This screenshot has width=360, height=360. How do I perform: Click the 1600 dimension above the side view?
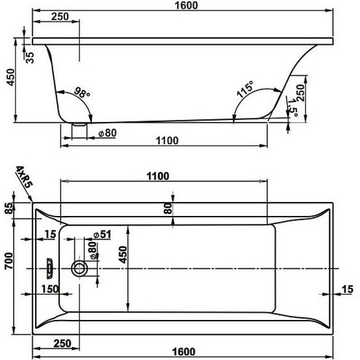186,5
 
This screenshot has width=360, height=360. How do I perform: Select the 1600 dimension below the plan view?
184,351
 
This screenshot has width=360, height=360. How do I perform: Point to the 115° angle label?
245,89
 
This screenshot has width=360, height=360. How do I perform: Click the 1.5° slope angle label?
293,108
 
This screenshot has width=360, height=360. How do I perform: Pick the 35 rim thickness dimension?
30,58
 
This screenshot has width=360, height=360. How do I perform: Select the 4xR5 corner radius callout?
24,177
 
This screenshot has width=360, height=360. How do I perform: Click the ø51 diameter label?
103,234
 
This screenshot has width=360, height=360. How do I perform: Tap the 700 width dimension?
9,261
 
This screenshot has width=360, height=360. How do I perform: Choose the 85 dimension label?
9,208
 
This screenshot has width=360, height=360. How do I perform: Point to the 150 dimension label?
50,289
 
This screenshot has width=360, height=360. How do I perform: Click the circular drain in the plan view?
80,268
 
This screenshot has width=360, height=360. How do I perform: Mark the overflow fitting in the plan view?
49,268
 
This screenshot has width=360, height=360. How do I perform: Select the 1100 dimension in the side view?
167,140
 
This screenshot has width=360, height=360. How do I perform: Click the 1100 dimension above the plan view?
158,176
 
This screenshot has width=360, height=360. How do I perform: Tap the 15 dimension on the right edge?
347,289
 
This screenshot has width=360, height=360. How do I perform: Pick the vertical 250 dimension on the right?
300,93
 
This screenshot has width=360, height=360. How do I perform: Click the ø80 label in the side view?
108,133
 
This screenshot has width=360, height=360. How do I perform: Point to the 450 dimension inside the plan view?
123,254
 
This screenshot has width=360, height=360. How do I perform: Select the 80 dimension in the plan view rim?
168,208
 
